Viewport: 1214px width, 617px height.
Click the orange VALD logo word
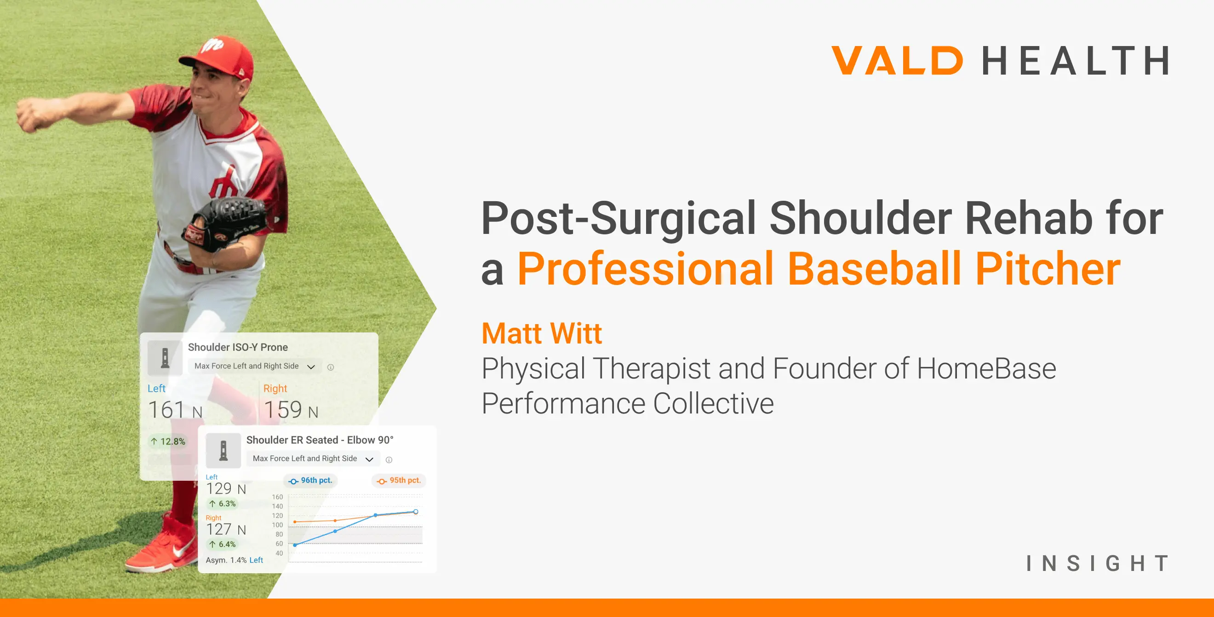(x=897, y=60)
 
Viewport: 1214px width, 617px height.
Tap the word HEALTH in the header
(x=1076, y=60)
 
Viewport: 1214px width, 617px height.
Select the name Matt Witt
(x=542, y=333)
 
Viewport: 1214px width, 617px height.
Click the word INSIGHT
(x=1097, y=563)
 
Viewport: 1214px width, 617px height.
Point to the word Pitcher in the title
(x=1048, y=269)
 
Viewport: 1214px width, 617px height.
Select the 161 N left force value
(x=175, y=409)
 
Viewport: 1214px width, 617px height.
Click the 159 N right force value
(x=291, y=409)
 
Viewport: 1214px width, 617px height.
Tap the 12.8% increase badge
(x=168, y=442)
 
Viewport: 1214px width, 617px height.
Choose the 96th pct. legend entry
(x=310, y=481)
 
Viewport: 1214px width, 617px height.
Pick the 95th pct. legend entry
(x=399, y=481)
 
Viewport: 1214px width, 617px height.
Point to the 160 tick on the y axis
(x=277, y=497)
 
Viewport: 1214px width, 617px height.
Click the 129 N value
(x=226, y=489)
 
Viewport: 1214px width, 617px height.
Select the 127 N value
(x=226, y=529)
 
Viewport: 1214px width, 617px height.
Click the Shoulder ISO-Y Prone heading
(x=238, y=347)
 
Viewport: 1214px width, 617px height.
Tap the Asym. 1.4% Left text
(x=234, y=560)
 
